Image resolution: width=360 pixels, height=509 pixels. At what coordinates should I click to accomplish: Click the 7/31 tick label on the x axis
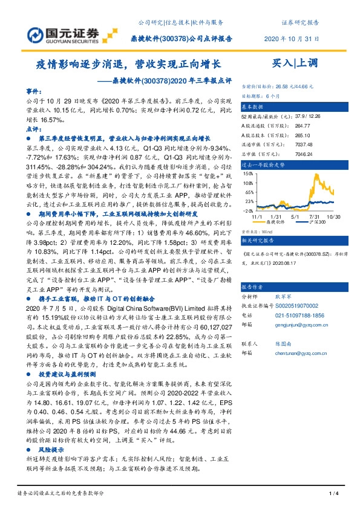click(313, 216)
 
